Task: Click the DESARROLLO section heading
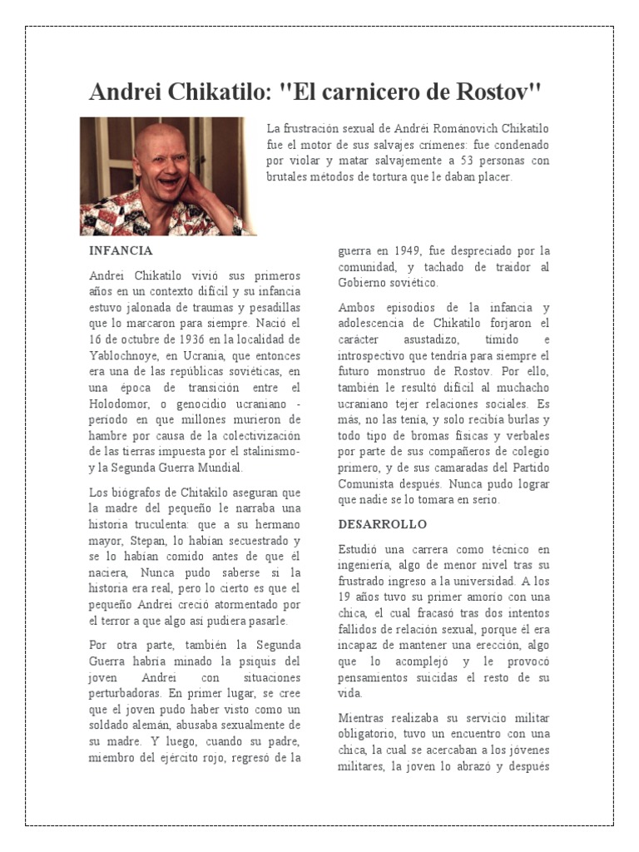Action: tap(382, 524)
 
